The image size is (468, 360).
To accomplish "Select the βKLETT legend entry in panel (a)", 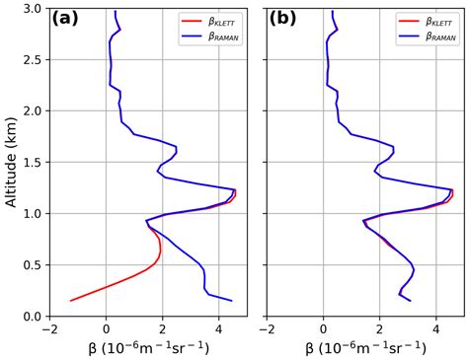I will tap(218, 19).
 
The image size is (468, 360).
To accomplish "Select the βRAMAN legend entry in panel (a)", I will tap(218, 36).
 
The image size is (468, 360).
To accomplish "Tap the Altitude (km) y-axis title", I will tap(11, 162).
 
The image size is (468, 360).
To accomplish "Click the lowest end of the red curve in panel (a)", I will tap(70, 300).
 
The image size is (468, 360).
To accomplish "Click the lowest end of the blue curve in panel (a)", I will tap(232, 300).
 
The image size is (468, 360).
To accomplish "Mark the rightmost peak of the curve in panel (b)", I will tap(452, 190).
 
